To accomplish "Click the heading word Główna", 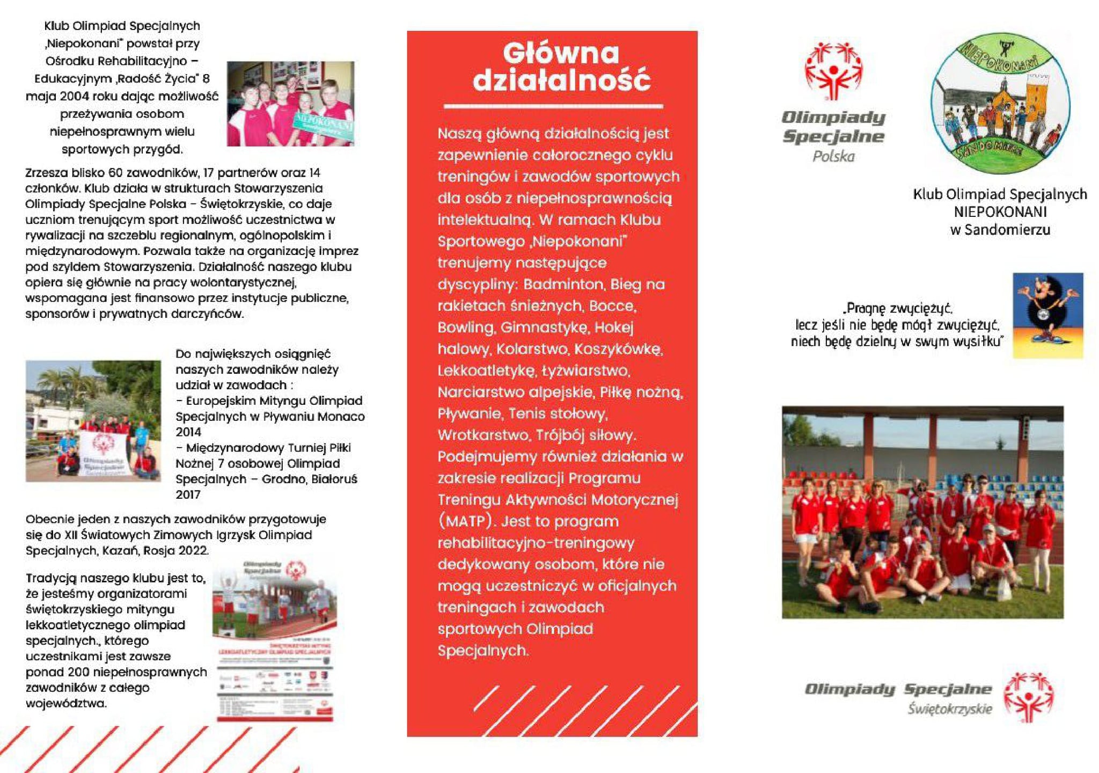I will [x=561, y=54].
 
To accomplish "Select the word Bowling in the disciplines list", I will [x=465, y=327].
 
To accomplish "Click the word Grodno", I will [x=283, y=479].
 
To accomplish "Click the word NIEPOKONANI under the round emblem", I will [x=1000, y=212].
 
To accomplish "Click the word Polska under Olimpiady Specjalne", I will [x=833, y=157].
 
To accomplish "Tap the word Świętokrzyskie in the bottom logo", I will [x=950, y=709].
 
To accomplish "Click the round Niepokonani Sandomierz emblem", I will [x=1000, y=103].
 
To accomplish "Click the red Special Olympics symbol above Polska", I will [x=833, y=71].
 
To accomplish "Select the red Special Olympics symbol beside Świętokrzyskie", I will [x=1028, y=696].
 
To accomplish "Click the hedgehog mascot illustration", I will [x=1047, y=315].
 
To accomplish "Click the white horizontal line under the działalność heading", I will [x=553, y=106].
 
